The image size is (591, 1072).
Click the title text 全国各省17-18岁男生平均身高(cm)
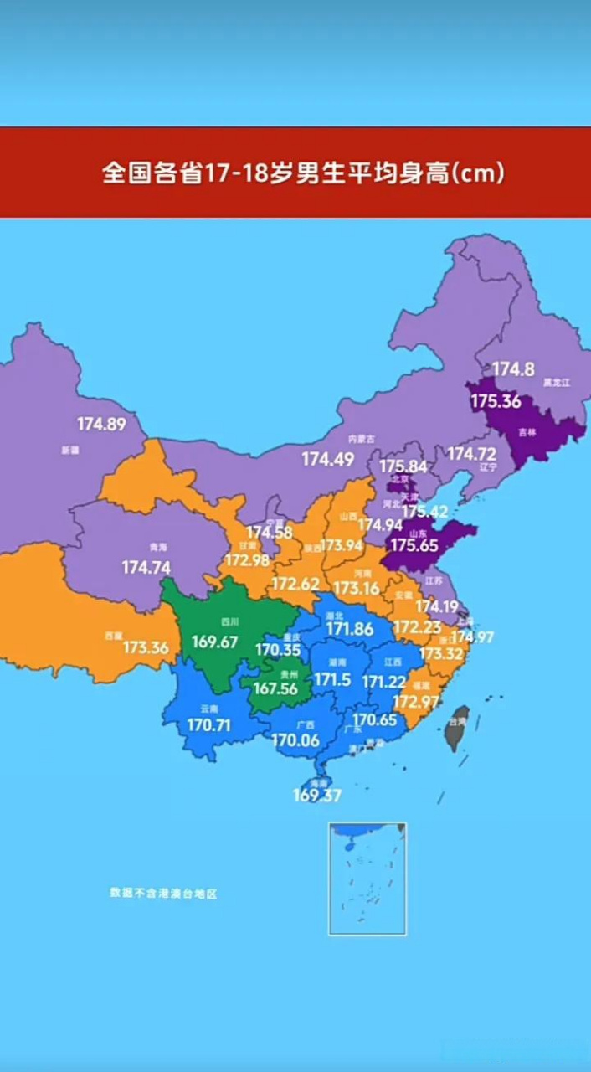click(x=303, y=173)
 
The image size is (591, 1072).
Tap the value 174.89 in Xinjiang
click(x=101, y=424)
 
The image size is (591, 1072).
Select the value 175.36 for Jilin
click(x=495, y=401)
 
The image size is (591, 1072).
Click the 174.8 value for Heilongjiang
click(x=513, y=368)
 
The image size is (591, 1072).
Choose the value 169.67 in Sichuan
click(x=214, y=642)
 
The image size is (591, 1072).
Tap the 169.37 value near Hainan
click(x=316, y=795)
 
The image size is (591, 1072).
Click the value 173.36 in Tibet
click(x=146, y=647)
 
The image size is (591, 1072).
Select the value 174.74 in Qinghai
click(x=146, y=567)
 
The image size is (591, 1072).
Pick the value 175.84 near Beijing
click(x=403, y=466)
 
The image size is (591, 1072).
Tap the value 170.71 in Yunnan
click(x=208, y=724)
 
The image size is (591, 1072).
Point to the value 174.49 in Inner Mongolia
click(x=327, y=459)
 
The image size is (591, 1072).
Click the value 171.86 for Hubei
click(x=350, y=628)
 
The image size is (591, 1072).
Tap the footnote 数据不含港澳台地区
click(x=163, y=894)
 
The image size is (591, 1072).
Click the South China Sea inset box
click(x=367, y=878)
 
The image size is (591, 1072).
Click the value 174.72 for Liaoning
click(x=471, y=453)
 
